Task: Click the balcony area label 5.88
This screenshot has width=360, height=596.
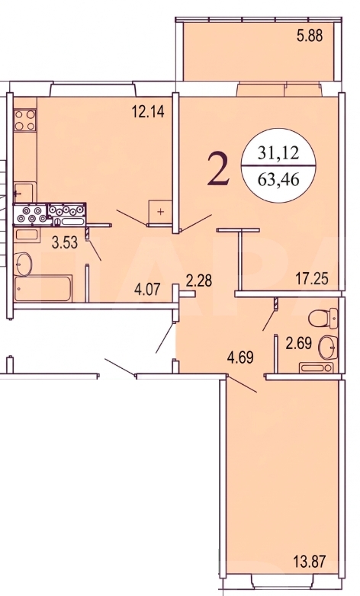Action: pos(310,36)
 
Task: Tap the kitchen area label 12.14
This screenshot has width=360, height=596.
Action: pos(148,112)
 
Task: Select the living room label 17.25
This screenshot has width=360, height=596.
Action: pos(312,279)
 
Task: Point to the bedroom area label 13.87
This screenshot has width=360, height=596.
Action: pos(310,561)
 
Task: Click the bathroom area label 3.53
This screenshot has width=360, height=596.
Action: pos(65,242)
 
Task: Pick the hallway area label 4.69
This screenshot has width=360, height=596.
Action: pos(240,357)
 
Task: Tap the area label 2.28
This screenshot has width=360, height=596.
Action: pos(198,281)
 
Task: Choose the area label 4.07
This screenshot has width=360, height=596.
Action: pos(147,290)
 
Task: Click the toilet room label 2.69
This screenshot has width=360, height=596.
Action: pos(299,343)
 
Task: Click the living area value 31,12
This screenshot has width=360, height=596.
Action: pos(278,153)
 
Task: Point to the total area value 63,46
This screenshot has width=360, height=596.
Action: pos(278,178)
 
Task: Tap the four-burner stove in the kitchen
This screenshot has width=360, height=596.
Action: pos(25,120)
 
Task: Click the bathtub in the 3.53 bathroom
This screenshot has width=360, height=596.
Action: pos(43,289)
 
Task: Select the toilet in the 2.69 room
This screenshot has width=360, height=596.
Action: pos(323,319)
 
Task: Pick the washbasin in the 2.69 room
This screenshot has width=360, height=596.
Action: pos(328,348)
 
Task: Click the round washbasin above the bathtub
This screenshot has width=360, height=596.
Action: pos(23,264)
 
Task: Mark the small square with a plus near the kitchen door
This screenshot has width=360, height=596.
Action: pos(161,212)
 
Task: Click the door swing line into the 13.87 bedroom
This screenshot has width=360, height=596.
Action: pos(242,384)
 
